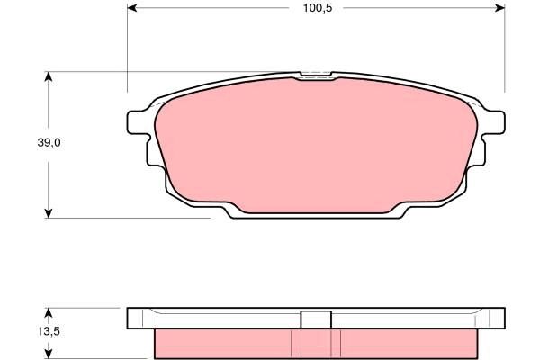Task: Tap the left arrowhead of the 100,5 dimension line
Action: [132, 9]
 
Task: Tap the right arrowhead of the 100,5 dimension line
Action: [499, 9]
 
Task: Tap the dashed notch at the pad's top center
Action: [316, 75]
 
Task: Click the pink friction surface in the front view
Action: [315, 144]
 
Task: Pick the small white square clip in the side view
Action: [316, 319]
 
